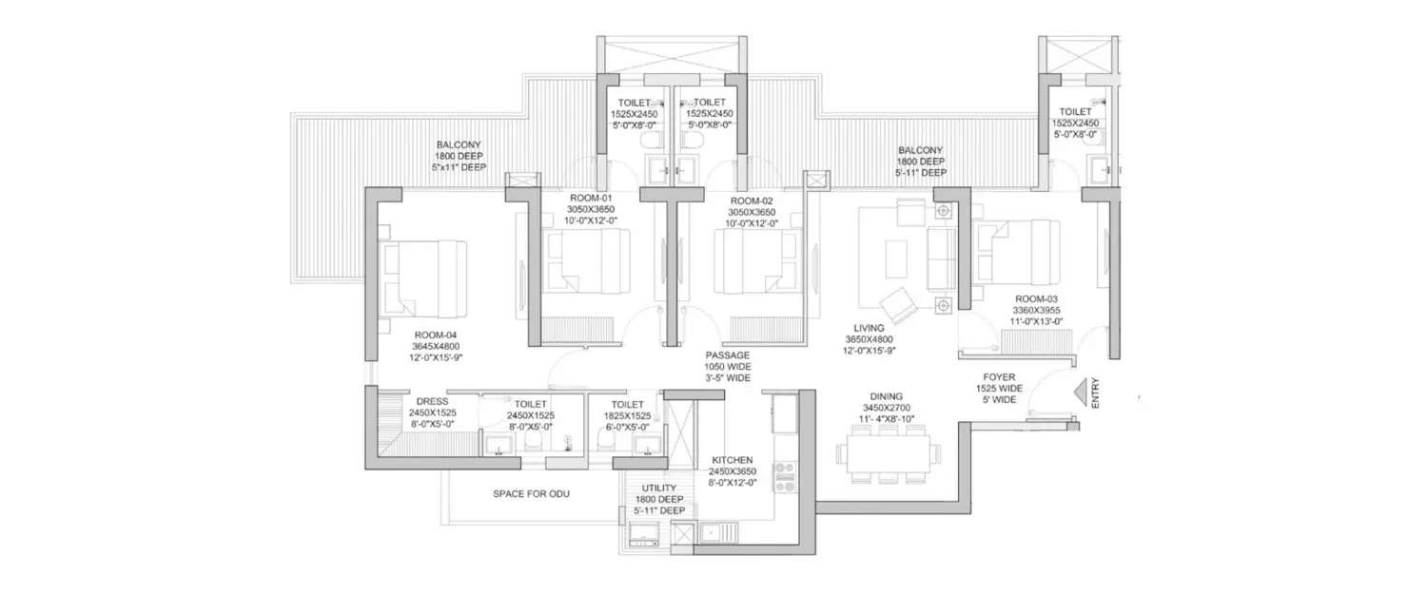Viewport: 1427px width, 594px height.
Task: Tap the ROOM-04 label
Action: (x=436, y=335)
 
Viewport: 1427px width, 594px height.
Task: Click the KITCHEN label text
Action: (x=733, y=459)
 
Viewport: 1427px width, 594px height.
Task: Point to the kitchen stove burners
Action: (x=786, y=476)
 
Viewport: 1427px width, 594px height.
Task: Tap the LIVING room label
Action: (x=870, y=328)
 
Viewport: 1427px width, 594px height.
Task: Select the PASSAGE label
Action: (x=727, y=354)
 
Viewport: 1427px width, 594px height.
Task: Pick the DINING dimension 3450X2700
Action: (x=881, y=407)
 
